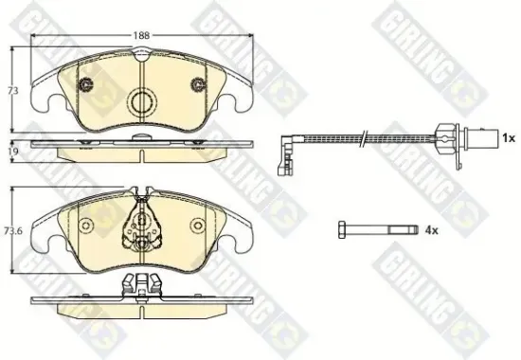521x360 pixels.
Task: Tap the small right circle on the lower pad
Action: pos(198,225)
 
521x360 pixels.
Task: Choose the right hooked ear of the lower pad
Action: pos(243,239)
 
